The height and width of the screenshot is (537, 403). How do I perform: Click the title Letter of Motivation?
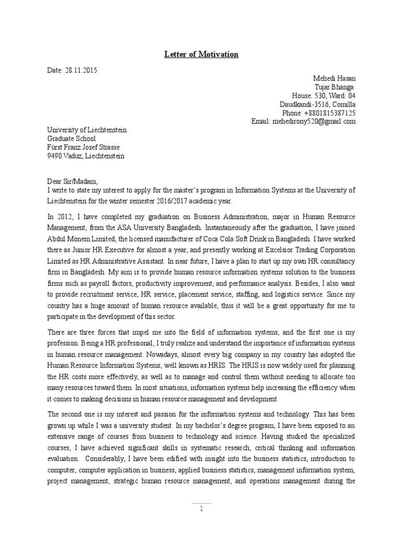click(x=201, y=55)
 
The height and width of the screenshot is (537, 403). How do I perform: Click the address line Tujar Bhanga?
click(x=334, y=87)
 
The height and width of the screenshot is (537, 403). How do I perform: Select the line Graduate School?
click(x=71, y=139)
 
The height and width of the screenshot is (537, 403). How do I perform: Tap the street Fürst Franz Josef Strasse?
click(x=83, y=147)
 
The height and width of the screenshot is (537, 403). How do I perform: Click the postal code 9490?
click(x=55, y=156)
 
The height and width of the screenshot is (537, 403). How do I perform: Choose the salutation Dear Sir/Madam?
click(x=72, y=181)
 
